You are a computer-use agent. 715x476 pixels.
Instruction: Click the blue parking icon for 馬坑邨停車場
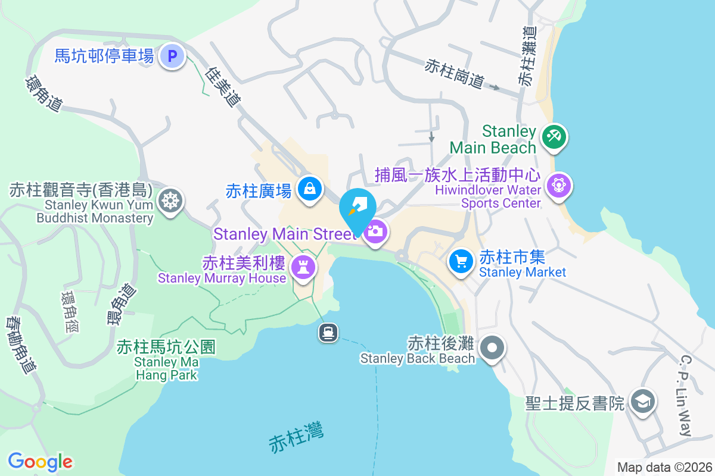pyautogui.click(x=172, y=57)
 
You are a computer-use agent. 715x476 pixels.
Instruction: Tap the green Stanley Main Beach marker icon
pyautogui.click(x=554, y=137)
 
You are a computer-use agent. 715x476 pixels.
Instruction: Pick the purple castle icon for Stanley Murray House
pyautogui.click(x=303, y=267)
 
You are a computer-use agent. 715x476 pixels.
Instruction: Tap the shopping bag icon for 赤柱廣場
pyautogui.click(x=310, y=189)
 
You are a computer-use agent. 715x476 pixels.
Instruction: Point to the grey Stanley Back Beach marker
pyautogui.click(x=492, y=347)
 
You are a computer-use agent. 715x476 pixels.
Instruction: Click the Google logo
pyautogui.click(x=40, y=461)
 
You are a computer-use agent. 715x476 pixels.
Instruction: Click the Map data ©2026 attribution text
pyautogui.click(x=664, y=468)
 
